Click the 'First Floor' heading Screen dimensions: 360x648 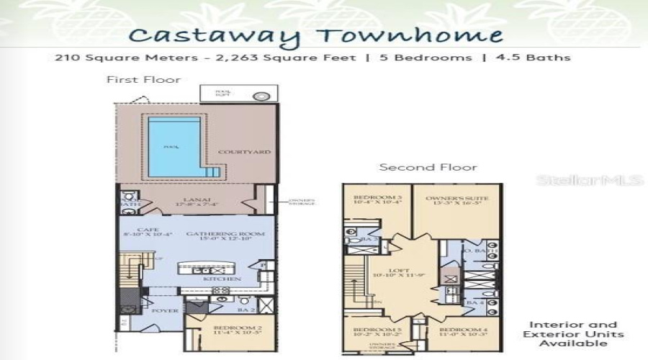click(x=143, y=79)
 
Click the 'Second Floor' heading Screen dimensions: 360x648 click(x=428, y=167)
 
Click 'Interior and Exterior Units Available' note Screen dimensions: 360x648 click(x=574, y=335)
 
